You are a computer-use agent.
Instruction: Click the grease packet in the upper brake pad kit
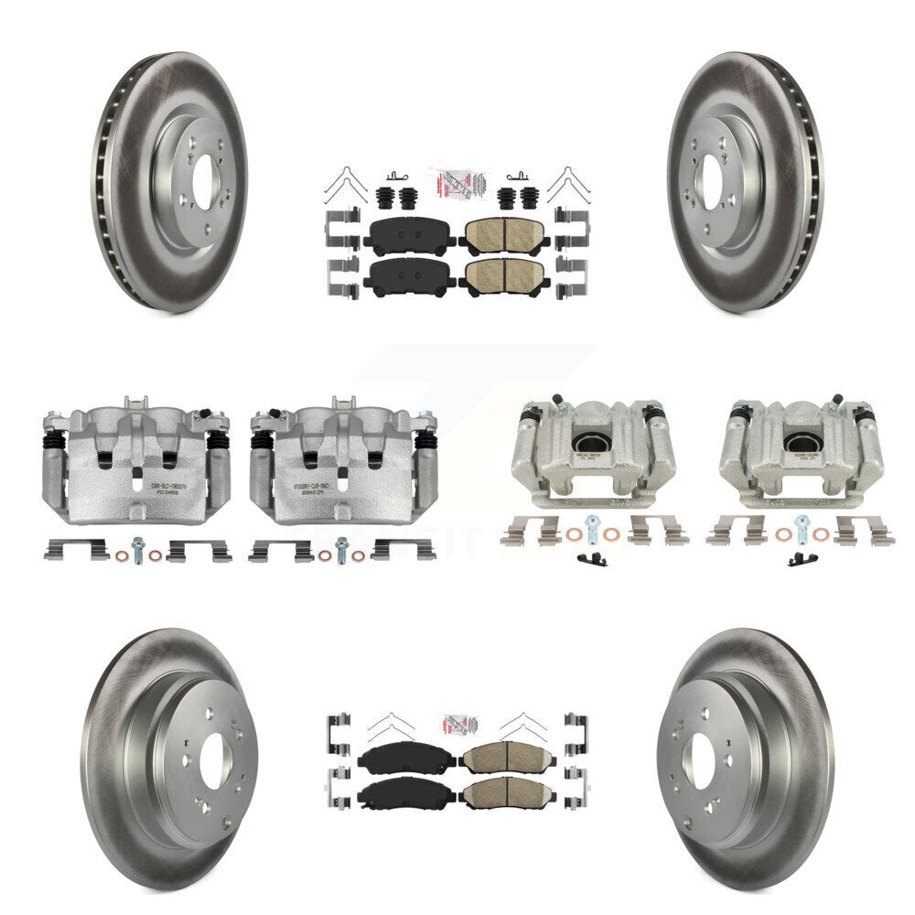(457, 182)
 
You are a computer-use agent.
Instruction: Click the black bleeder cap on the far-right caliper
(837, 400)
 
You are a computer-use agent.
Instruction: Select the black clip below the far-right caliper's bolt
(802, 559)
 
